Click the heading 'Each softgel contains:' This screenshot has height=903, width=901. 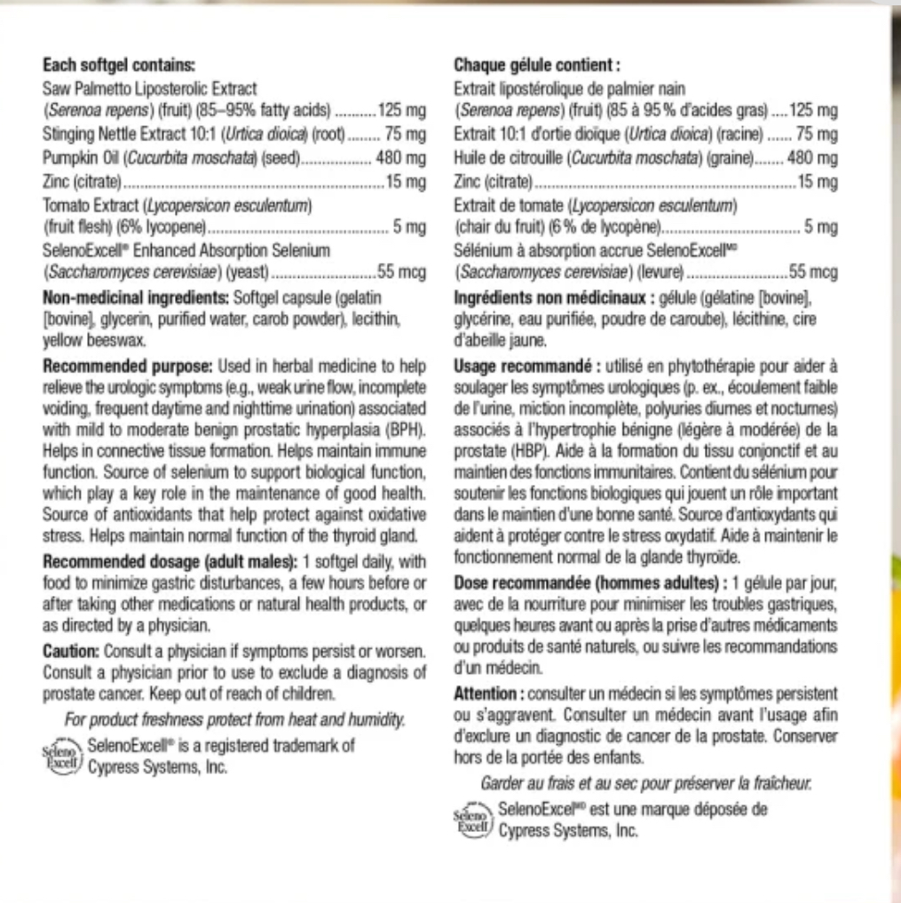pos(119,65)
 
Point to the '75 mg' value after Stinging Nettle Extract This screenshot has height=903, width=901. pos(405,135)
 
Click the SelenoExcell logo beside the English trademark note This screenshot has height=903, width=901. pos(62,757)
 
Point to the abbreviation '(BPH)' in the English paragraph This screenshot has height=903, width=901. pos(405,431)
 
